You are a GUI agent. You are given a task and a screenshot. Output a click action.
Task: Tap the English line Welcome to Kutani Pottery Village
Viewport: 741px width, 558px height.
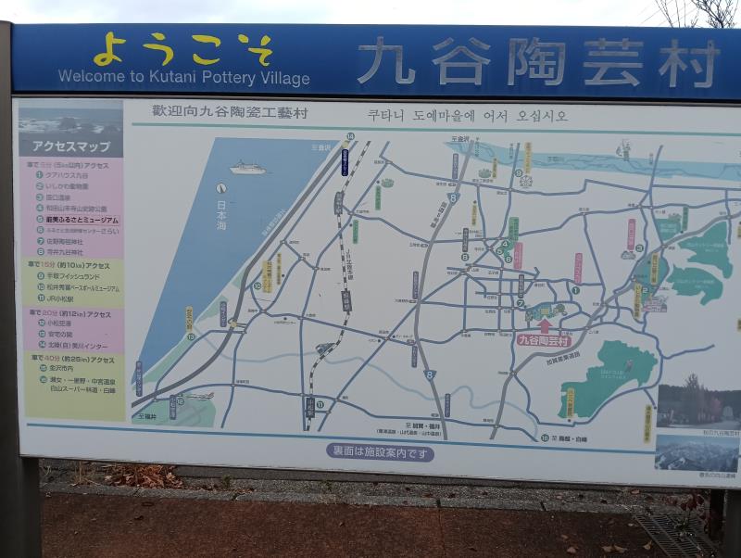click(183, 78)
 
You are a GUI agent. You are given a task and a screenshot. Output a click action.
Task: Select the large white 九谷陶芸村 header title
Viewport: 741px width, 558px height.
click(537, 62)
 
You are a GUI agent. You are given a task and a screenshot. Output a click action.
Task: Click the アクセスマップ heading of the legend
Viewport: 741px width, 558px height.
click(71, 146)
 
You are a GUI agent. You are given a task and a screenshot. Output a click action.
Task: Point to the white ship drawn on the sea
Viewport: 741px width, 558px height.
click(247, 168)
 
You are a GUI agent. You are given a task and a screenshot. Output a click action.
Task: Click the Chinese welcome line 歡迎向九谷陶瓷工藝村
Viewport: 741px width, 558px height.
click(231, 112)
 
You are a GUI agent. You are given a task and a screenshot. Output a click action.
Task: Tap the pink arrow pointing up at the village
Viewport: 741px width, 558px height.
click(545, 323)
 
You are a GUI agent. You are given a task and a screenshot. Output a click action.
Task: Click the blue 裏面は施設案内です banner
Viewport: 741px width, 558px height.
click(381, 452)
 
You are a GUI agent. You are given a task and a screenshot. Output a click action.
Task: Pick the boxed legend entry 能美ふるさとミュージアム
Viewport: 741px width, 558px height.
click(77, 220)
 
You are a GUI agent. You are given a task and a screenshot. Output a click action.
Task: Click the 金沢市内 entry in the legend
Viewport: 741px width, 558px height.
click(56, 368)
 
